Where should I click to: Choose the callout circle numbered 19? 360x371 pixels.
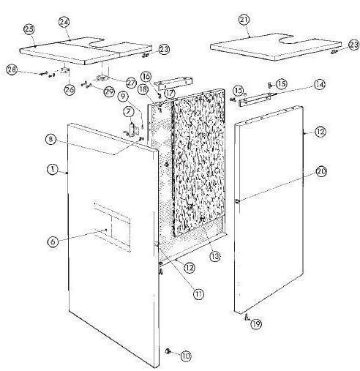coord(257,322)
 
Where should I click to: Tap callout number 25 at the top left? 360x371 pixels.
coord(30,29)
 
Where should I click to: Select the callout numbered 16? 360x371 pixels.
coord(146,76)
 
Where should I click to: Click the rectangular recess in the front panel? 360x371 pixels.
coord(110,225)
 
